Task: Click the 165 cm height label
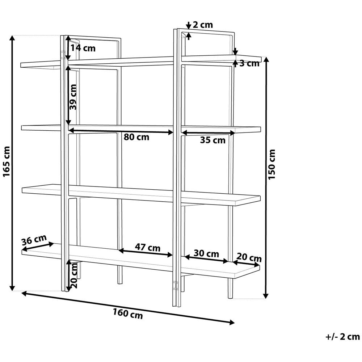(7, 162)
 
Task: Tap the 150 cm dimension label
(272, 164)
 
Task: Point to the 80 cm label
(136, 138)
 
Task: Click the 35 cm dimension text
(212, 140)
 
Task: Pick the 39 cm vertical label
(73, 97)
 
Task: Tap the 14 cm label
(83, 48)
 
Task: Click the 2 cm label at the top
(203, 25)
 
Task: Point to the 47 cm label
(148, 248)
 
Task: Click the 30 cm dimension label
(206, 253)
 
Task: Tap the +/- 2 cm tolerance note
(342, 337)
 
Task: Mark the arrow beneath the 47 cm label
(146, 253)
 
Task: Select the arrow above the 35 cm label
(208, 133)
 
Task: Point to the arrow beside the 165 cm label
(13, 163)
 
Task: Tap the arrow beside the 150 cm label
(266, 177)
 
